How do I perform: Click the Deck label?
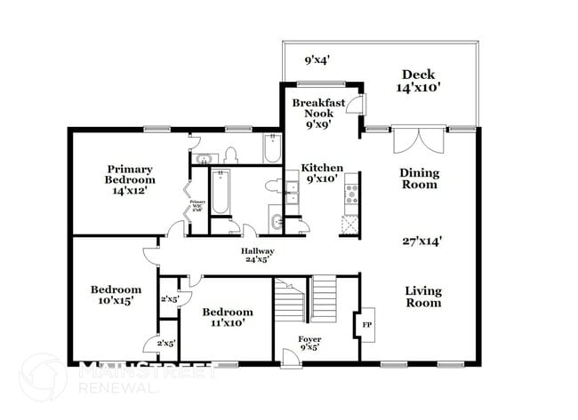pyautogui.click(x=417, y=81)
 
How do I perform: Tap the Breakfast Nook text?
pyautogui.click(x=318, y=114)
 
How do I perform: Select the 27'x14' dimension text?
pyautogui.click(x=421, y=240)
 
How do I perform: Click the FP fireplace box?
pyautogui.click(x=365, y=324)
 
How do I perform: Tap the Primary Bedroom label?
pyautogui.click(x=130, y=178)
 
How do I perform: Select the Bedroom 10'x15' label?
pyautogui.click(x=116, y=296)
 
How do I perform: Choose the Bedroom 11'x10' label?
pyautogui.click(x=227, y=317)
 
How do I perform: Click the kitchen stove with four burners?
pyautogui.click(x=351, y=188)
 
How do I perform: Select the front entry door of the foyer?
pyautogui.click(x=289, y=358)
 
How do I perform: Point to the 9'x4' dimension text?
pyautogui.click(x=317, y=61)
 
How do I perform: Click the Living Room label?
pyautogui.click(x=423, y=297)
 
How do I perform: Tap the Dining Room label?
pyautogui.click(x=419, y=178)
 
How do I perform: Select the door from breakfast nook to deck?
pyautogui.click(x=356, y=105)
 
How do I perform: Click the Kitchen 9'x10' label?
pyautogui.click(x=321, y=173)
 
